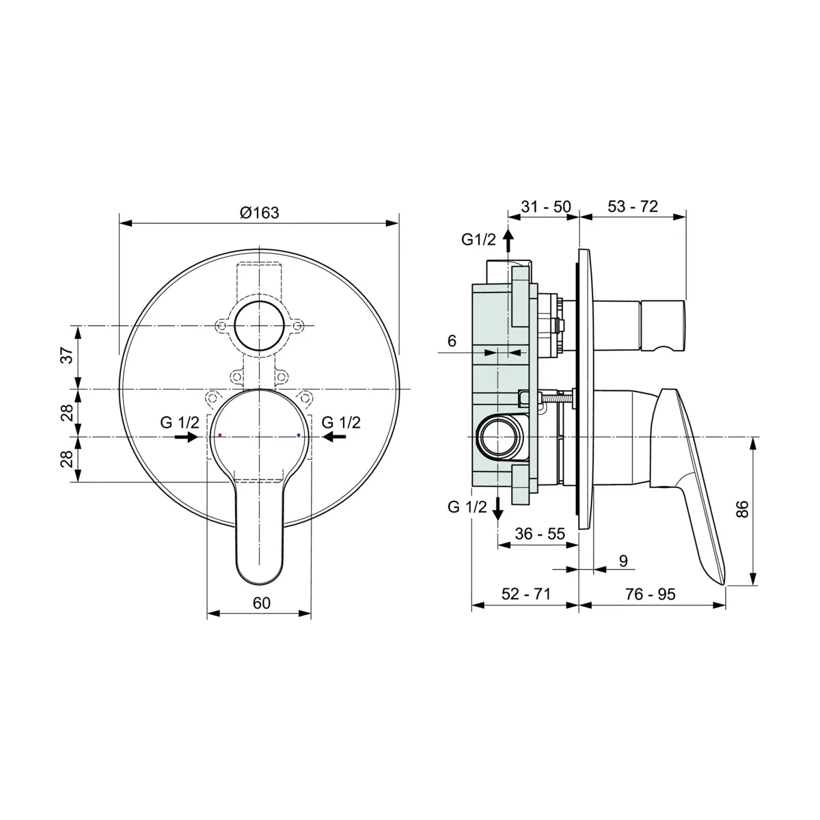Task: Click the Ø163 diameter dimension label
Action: pos(260,213)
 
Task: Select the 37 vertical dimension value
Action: pos(66,356)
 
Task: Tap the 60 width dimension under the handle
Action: pos(262,603)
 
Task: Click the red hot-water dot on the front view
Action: pos(219,435)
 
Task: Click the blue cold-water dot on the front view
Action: pos(299,435)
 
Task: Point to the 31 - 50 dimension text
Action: pos(545,206)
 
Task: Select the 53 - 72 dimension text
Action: pos(632,206)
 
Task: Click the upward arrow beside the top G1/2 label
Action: pos(508,241)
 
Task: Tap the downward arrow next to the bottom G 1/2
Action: pos(498,508)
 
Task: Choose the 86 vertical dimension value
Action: pos(743,510)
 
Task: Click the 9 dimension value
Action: pos(623,561)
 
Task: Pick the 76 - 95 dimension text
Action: pos(650,594)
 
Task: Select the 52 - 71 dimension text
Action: pos(525,594)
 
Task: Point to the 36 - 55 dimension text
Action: pos(540,534)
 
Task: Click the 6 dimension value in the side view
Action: pos(452,340)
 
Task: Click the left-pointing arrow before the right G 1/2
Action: pos(333,436)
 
